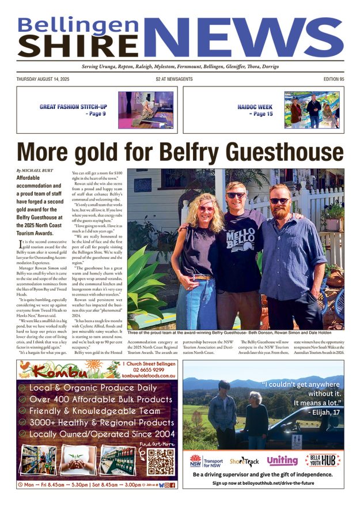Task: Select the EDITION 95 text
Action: click(330, 79)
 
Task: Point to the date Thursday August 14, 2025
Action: click(44, 79)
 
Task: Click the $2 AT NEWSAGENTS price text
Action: click(174, 79)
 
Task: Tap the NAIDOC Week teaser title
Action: click(255, 107)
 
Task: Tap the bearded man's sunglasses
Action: click(281, 200)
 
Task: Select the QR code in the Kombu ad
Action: click(161, 462)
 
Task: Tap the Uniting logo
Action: click(282, 460)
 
